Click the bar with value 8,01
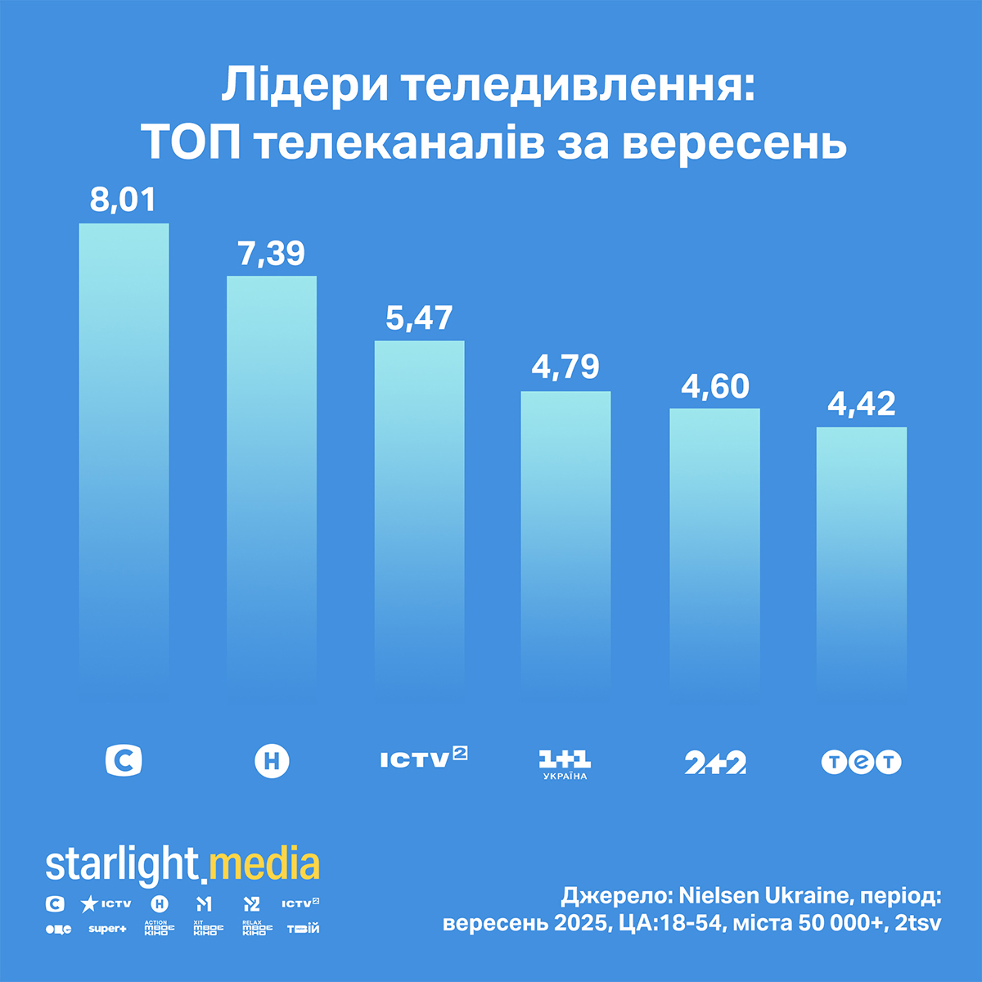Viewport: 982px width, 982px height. (x=124, y=450)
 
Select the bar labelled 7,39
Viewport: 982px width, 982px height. (x=272, y=475)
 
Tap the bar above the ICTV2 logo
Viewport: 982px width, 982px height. (x=419, y=507)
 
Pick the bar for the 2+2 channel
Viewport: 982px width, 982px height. (x=714, y=540)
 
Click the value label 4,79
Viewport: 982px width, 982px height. (x=565, y=367)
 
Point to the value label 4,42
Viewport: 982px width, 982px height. (x=861, y=403)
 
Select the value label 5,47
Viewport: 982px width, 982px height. (x=419, y=318)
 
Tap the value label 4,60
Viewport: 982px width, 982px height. (x=714, y=385)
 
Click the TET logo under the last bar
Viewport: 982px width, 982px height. (x=861, y=763)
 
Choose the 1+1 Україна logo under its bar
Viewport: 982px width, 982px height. (x=565, y=764)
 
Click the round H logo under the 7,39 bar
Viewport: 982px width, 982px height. (x=272, y=761)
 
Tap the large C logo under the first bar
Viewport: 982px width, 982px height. (x=124, y=760)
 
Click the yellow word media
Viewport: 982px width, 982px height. (x=264, y=866)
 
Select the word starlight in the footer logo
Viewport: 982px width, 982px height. (x=122, y=866)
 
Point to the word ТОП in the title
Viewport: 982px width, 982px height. (x=192, y=144)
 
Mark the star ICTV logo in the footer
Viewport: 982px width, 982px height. (x=106, y=903)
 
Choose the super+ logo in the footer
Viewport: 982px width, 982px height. (x=107, y=929)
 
